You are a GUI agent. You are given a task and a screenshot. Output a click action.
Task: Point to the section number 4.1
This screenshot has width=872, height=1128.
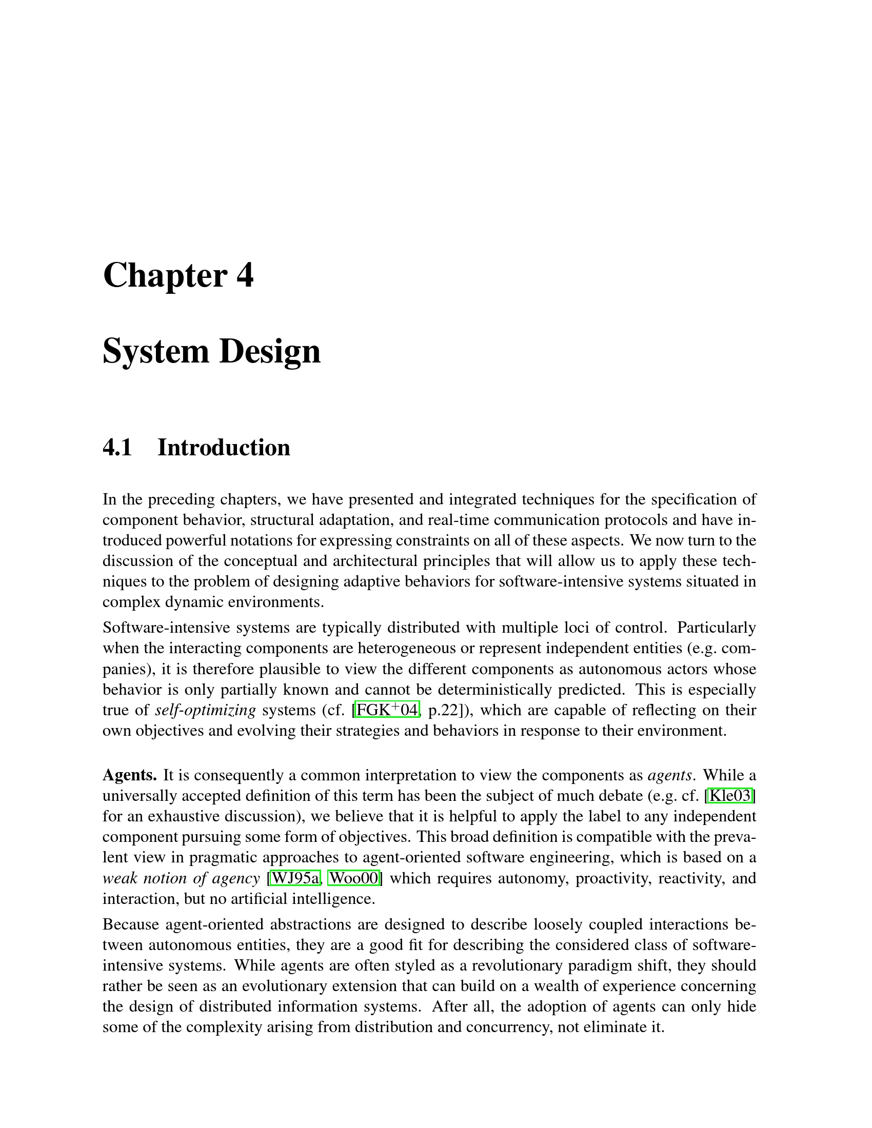pyautogui.click(x=117, y=447)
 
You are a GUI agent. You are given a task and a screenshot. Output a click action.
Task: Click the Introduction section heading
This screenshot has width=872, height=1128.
pyautogui.click(x=224, y=447)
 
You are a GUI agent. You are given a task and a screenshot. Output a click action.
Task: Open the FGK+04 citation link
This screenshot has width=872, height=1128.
pyautogui.click(x=387, y=710)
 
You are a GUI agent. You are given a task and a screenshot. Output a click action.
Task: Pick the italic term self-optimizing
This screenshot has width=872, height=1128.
pyautogui.click(x=206, y=711)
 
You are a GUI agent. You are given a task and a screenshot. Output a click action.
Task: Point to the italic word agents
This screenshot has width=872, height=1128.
pyautogui.click(x=669, y=775)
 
